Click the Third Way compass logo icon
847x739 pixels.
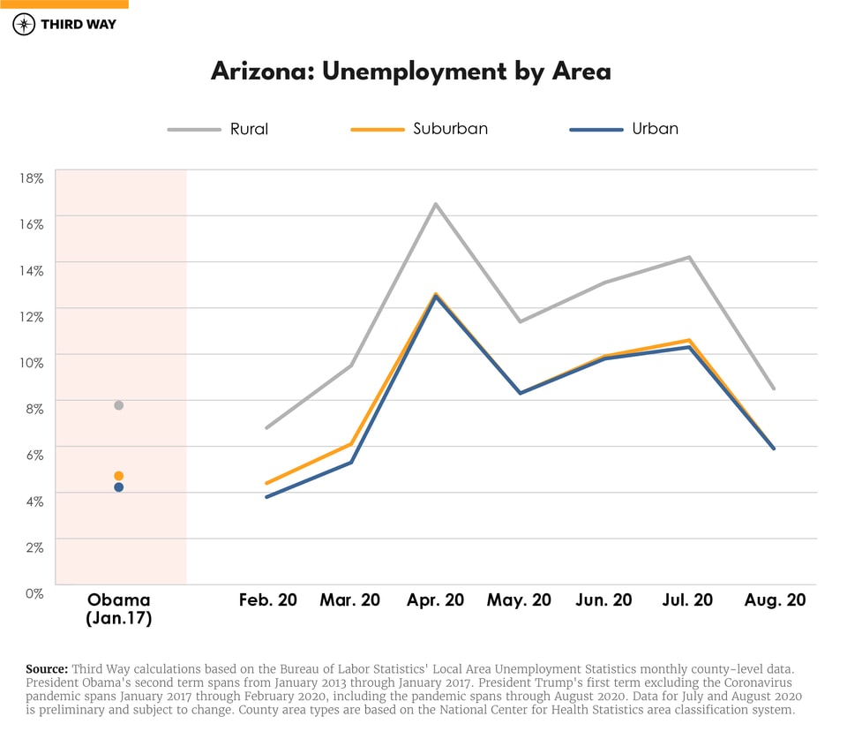click(x=24, y=24)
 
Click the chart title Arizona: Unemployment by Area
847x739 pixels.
click(x=410, y=71)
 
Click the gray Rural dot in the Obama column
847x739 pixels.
click(x=118, y=405)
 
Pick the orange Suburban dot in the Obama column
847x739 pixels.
click(x=118, y=476)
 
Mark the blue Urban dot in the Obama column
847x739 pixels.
click(x=118, y=487)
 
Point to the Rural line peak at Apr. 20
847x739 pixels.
click(x=435, y=204)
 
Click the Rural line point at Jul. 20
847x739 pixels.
click(x=689, y=257)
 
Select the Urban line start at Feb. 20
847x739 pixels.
click(x=266, y=497)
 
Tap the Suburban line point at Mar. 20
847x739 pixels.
click(x=351, y=444)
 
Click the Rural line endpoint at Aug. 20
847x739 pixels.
click(x=774, y=388)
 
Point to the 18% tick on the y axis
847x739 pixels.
click(x=32, y=177)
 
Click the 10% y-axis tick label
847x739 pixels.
click(x=32, y=362)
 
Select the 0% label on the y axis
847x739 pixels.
click(x=34, y=592)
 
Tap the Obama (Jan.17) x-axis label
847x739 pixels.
click(x=118, y=609)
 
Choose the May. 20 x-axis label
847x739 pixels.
click(x=519, y=600)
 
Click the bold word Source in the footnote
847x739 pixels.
click(x=47, y=668)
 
